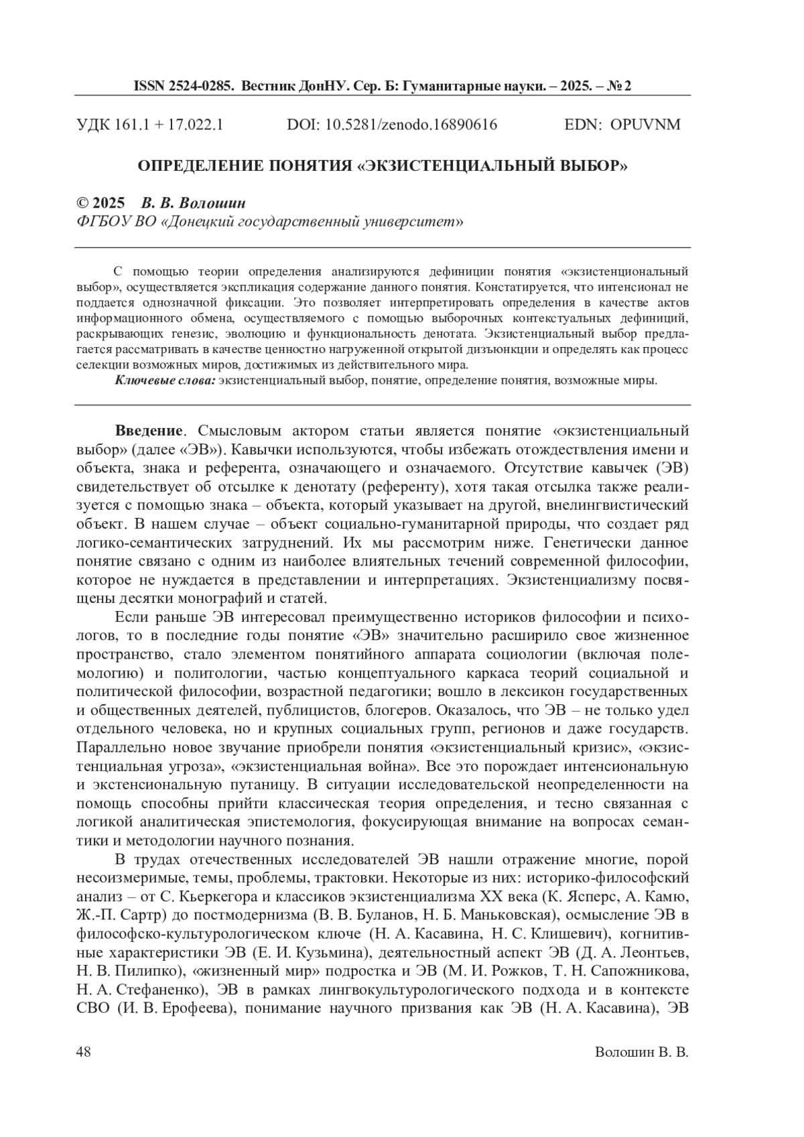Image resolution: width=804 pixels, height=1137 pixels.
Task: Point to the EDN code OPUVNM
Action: tap(645, 125)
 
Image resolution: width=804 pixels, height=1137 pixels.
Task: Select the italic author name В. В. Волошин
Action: tap(194, 204)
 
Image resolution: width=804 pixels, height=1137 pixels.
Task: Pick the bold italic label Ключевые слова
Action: tap(165, 381)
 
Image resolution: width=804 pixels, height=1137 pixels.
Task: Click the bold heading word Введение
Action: tap(148, 430)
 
